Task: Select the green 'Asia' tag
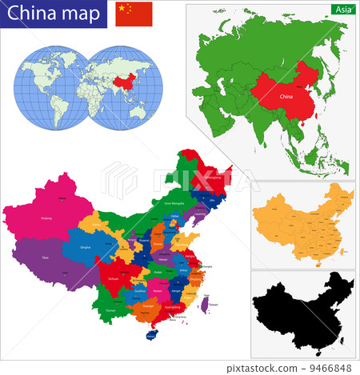(x=342, y=9)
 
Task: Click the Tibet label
(x=48, y=257)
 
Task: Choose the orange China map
(x=302, y=228)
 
